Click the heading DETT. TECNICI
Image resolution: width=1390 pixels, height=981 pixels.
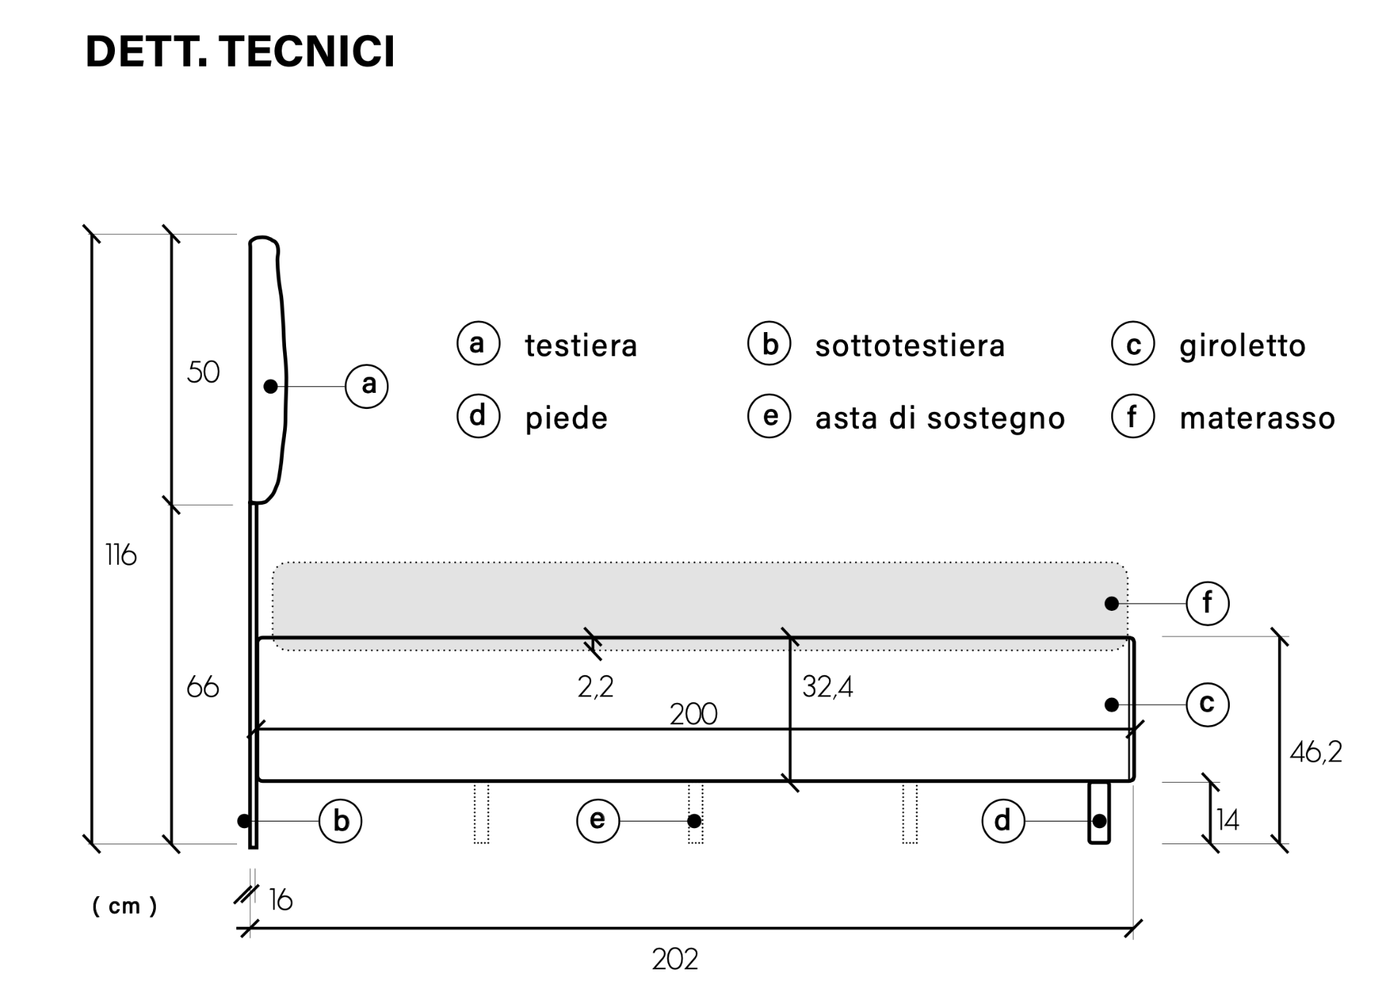(x=240, y=51)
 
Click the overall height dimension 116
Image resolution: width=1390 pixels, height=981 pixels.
(x=121, y=555)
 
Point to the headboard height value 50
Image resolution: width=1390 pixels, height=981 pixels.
(x=203, y=372)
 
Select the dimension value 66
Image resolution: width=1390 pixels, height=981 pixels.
(x=203, y=687)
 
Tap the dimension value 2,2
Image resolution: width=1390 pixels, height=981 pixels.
(x=596, y=687)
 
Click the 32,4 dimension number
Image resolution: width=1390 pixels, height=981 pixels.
(x=827, y=687)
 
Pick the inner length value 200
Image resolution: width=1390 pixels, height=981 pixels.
(x=694, y=714)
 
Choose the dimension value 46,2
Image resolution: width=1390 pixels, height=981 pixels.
(x=1316, y=752)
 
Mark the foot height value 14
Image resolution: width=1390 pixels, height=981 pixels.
(x=1228, y=820)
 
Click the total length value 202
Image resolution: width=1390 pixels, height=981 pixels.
(x=675, y=958)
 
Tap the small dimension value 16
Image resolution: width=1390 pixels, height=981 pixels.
(x=281, y=900)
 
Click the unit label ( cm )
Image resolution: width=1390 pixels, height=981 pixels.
(x=124, y=906)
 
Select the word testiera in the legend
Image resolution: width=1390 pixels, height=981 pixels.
(x=581, y=345)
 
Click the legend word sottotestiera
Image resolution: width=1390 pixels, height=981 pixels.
(x=910, y=345)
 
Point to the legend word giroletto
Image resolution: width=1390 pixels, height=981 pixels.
(x=1242, y=345)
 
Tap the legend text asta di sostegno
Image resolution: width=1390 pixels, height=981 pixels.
(x=940, y=418)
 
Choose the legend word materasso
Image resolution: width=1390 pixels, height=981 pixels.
(x=1258, y=418)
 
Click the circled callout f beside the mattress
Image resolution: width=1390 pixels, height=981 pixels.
(x=1207, y=604)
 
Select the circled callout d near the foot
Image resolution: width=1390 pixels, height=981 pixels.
(x=1003, y=821)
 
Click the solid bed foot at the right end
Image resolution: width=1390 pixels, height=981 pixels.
(x=1099, y=813)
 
